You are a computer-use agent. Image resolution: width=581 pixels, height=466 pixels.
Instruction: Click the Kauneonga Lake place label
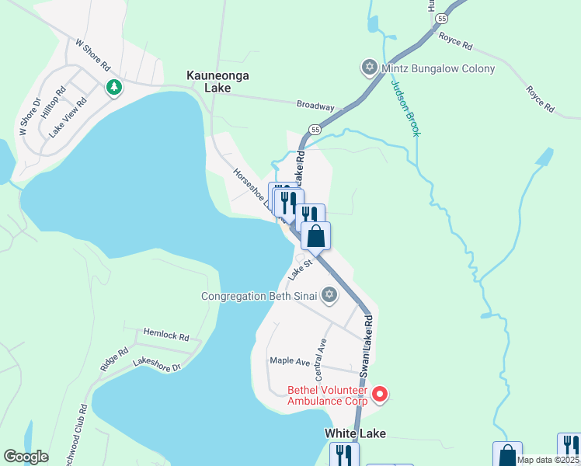pos(207,82)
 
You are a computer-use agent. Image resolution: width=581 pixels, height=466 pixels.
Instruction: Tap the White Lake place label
pos(355,433)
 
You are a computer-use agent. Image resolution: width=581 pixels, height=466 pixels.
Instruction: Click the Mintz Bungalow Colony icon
pos(369,68)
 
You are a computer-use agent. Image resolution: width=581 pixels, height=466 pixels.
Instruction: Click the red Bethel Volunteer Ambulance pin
pos(380,395)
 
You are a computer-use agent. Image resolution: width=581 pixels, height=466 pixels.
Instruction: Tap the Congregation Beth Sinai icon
pos(329,295)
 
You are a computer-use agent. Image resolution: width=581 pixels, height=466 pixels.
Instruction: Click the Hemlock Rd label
pos(166,336)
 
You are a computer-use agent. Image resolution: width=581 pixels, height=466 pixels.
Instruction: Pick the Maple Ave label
pos(290,360)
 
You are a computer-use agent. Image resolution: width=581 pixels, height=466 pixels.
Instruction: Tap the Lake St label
pos(301,270)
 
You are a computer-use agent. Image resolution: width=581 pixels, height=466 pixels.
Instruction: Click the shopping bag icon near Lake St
pos(315,236)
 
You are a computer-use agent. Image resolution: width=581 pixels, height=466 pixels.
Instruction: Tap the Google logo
pos(26,457)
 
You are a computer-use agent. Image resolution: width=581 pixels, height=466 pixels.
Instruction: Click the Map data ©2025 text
pos(548,460)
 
